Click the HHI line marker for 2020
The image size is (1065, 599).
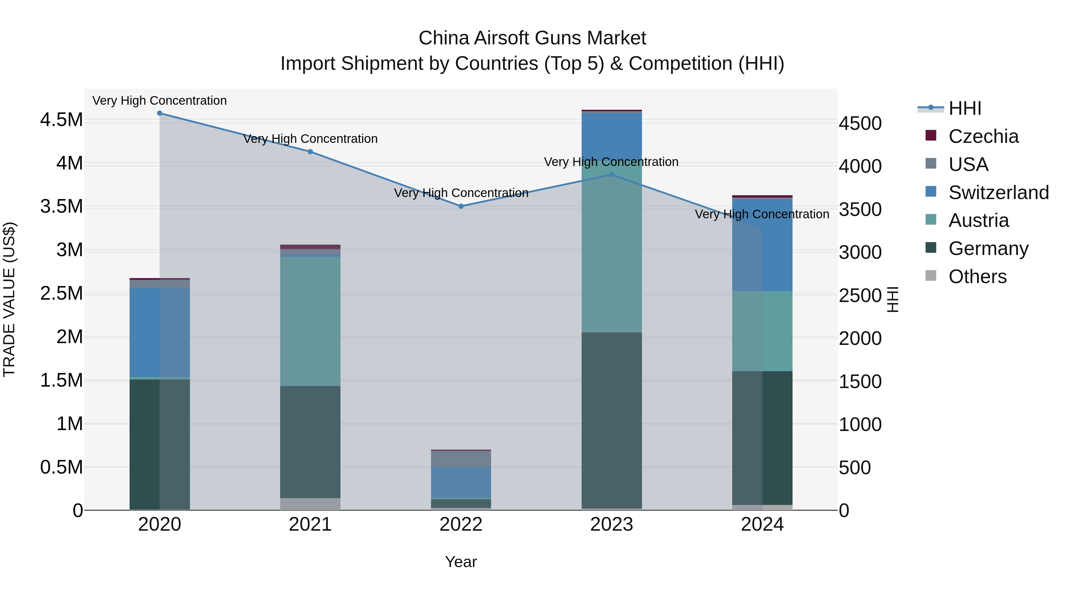pos(159,113)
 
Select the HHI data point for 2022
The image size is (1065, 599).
pos(461,206)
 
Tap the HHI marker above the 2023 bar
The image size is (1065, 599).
pos(611,175)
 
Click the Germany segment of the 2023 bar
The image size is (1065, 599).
pos(611,419)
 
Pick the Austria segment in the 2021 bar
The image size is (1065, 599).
pos(310,321)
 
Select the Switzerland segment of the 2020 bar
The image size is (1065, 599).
pos(159,332)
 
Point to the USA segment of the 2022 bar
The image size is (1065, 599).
pos(461,459)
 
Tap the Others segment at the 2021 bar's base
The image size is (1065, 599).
pos(310,504)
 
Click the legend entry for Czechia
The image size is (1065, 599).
pos(983,136)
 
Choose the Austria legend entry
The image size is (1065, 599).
pos(978,220)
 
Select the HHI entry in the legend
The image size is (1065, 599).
pos(964,108)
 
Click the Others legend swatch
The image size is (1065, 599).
pos(931,276)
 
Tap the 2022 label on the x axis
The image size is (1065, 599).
pos(461,524)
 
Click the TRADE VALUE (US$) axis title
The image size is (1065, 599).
pos(9,299)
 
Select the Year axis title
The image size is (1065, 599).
pos(461,562)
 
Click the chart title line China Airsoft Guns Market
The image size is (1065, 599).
pos(532,38)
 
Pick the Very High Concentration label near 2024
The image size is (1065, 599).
pos(762,214)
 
